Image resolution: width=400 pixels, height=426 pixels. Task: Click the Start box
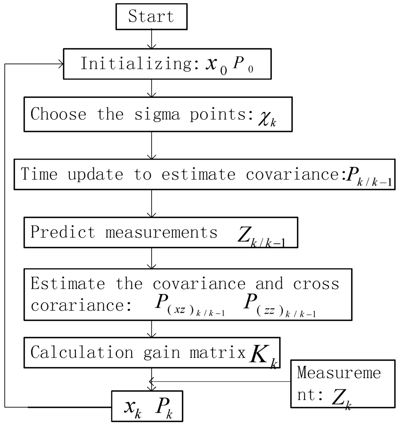pyautogui.click(x=151, y=17)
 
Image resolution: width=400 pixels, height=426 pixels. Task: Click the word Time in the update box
pyautogui.click(x=39, y=174)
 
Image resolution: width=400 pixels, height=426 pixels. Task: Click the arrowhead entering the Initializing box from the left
pyautogui.click(x=61, y=64)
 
